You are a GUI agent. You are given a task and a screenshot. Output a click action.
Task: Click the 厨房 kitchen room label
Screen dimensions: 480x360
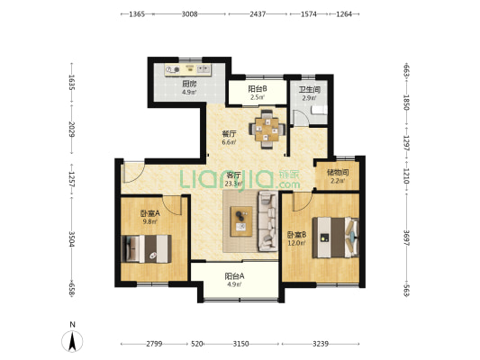189,84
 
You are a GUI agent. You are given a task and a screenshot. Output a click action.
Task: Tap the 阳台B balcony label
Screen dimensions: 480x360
258,89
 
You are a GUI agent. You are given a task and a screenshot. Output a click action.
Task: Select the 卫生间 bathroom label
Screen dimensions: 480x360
310,90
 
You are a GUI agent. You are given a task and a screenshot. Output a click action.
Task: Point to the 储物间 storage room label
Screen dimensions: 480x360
338,173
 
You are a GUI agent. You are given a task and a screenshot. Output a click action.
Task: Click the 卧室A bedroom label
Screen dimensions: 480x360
150,213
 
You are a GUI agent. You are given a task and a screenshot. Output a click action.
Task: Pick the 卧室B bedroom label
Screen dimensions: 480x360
296,235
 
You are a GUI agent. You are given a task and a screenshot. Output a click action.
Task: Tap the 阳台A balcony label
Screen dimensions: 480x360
234,276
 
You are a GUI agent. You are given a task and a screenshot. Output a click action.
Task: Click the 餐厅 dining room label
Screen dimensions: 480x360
229,134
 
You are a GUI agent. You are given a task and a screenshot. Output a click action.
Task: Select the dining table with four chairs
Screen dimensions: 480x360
267,130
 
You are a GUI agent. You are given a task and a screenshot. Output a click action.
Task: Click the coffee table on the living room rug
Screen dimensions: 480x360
241,221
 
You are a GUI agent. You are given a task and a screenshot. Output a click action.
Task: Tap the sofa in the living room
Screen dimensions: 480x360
268,221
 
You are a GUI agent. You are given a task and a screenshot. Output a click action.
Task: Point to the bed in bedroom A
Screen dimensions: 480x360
146,249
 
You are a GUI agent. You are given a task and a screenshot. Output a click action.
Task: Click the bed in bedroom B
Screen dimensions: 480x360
335,238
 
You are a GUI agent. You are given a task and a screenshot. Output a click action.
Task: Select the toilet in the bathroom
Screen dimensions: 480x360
319,110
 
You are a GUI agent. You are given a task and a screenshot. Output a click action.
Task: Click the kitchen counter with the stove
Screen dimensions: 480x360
188,69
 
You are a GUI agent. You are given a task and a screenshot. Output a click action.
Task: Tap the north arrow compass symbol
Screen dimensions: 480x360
72,341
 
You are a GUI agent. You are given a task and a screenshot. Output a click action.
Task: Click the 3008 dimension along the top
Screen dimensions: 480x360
189,14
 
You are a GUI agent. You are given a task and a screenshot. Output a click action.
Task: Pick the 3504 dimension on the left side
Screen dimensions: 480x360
71,238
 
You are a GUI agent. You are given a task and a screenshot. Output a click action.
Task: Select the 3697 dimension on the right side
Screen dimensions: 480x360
406,238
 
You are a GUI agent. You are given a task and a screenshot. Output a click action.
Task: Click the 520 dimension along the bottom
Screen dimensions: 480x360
196,344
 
